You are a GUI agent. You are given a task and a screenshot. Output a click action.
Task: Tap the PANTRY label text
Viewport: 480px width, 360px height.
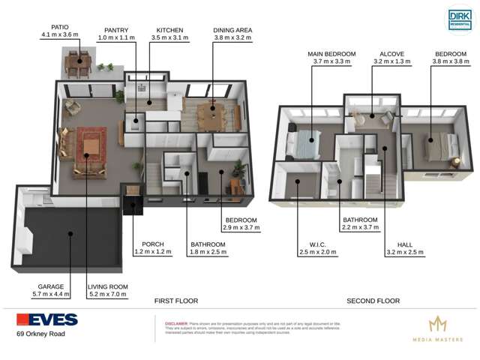click(116, 30)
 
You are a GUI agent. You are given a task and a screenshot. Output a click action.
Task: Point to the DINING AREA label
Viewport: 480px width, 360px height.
click(232, 30)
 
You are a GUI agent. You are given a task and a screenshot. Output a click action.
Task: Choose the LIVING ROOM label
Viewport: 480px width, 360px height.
click(107, 286)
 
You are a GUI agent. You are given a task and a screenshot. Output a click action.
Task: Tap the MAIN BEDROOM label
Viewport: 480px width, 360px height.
click(331, 54)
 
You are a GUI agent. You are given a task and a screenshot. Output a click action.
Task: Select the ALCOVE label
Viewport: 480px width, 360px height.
click(391, 54)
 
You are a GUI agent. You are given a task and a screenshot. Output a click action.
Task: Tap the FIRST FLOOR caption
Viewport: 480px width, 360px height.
click(176, 301)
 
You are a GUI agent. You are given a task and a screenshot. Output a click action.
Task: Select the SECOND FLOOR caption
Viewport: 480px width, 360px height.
click(373, 301)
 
